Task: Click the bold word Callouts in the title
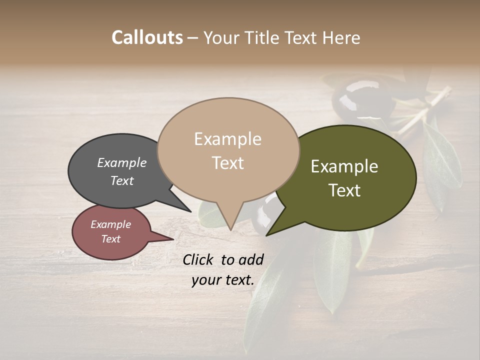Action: pos(147,37)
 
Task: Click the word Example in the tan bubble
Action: pos(227,139)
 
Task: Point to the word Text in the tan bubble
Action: pos(228,163)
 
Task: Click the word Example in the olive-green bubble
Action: pos(344,166)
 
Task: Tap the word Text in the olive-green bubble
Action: pos(345,190)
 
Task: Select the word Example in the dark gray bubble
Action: pos(121,162)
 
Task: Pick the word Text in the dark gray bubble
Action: pos(121,180)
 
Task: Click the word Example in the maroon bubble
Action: pos(110,224)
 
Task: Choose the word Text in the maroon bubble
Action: pos(110,239)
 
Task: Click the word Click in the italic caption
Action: pos(198,259)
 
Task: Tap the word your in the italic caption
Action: pos(205,280)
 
